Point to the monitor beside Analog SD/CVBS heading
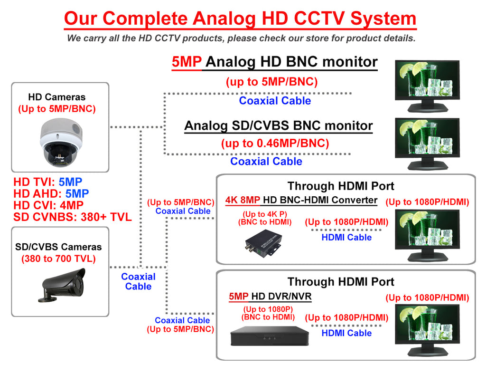click(427, 143)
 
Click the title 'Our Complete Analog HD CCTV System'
click(240, 19)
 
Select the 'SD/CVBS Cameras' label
click(58, 247)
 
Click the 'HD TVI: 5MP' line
click(48, 182)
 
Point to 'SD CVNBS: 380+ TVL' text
click(72, 217)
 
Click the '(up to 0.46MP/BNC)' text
click(275, 143)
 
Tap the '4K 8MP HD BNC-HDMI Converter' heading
click(301, 200)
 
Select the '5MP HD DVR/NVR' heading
click(270, 297)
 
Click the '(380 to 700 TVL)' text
click(58, 259)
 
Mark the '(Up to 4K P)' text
click(268, 214)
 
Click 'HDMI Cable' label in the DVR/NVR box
click(346, 333)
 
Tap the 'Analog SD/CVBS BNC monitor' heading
click(278, 126)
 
